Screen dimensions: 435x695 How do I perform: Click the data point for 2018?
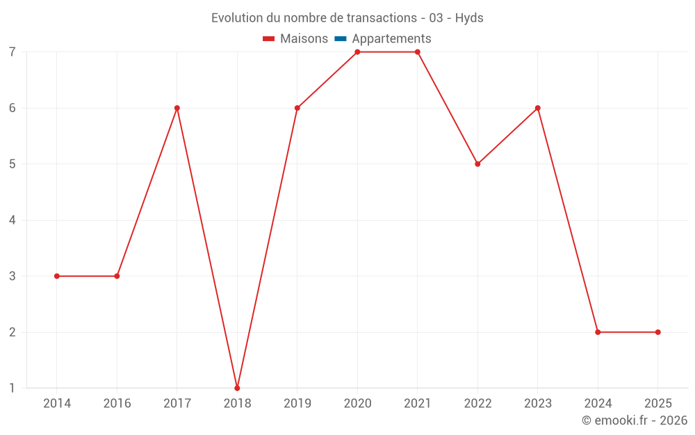point(237,388)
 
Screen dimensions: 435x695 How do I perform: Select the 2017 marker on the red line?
point(177,108)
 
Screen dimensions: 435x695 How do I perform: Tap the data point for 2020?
point(357,52)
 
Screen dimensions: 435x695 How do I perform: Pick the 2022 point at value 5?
point(477,164)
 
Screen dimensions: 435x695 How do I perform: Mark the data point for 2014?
point(57,276)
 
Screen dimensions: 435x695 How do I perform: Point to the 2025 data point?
point(657,332)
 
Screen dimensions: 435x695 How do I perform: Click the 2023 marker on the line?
point(537,108)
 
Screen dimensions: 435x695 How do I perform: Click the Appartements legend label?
point(391,39)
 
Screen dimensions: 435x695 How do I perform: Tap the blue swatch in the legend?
point(340,39)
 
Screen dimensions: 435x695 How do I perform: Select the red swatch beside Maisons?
point(269,39)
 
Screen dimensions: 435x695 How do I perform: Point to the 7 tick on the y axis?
point(13,52)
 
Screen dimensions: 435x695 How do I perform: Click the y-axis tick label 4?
point(13,220)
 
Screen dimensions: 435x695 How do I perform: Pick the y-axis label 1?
point(13,388)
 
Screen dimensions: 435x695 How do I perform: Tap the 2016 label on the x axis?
point(117,403)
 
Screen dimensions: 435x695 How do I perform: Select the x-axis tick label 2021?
point(417,403)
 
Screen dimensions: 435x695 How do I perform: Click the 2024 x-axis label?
point(598,403)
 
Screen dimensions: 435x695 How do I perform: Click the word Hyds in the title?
point(469,18)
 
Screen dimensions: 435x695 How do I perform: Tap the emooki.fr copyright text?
point(635,420)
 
